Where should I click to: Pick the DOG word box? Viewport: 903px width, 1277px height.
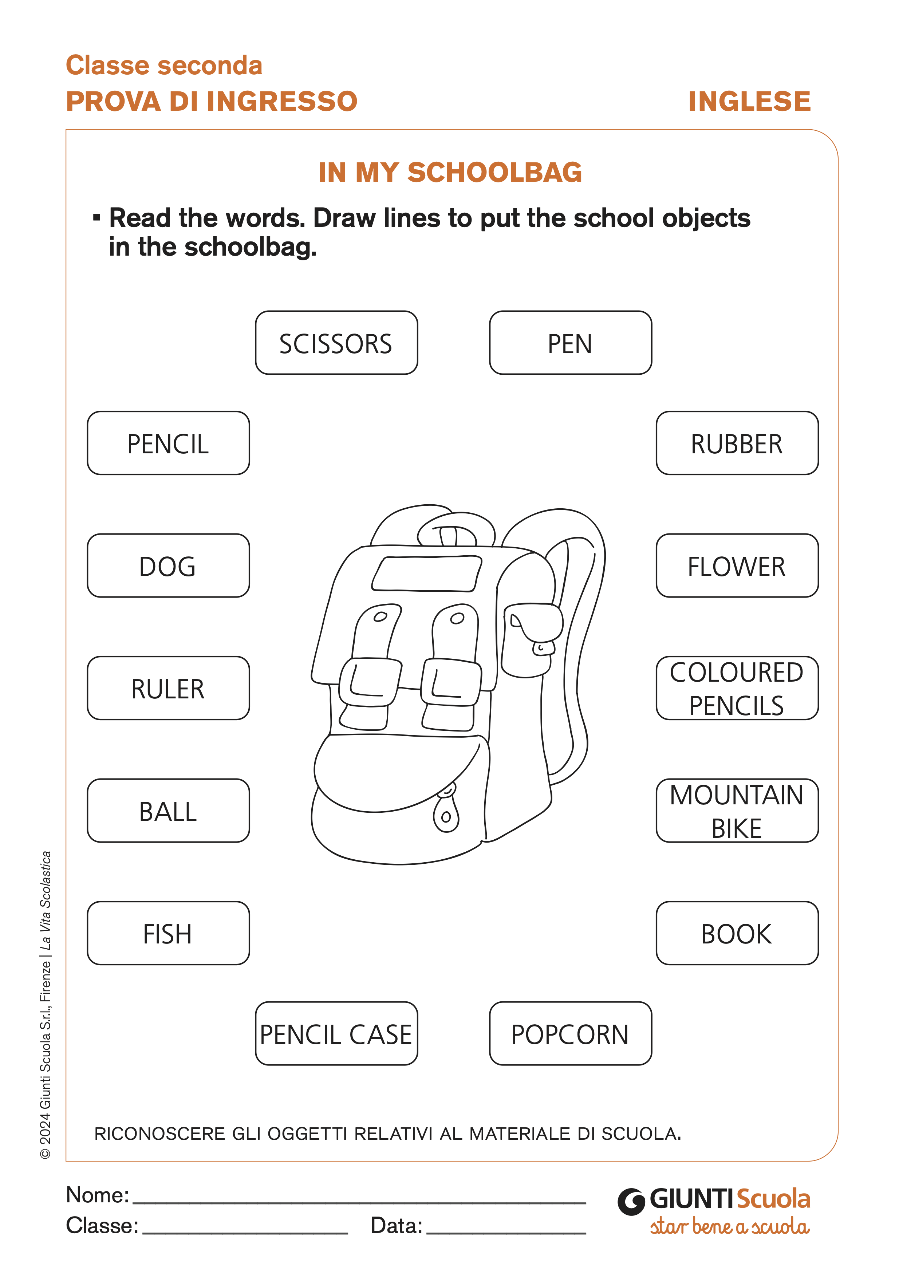pos(168,565)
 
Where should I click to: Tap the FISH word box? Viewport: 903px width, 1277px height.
pos(168,933)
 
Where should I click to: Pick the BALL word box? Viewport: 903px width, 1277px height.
pos(168,811)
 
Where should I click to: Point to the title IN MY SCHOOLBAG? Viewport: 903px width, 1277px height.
pos(450,173)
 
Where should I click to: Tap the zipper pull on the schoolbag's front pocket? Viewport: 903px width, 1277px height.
pos(446,813)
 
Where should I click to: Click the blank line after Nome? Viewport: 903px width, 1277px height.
pos(359,1197)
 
